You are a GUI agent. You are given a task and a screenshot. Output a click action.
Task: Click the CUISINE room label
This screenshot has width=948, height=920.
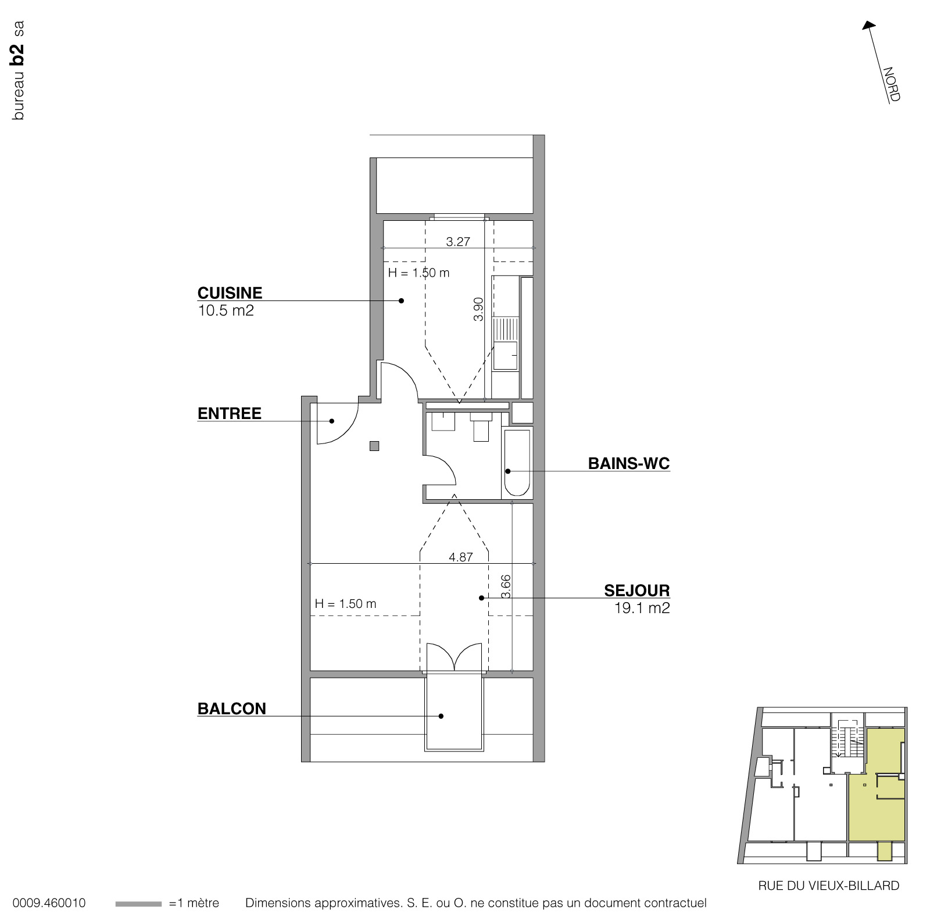pos(230,293)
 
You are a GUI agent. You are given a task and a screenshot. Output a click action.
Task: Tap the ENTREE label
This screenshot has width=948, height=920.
pos(230,414)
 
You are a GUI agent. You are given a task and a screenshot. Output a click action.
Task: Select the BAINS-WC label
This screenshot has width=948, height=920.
pos(629,464)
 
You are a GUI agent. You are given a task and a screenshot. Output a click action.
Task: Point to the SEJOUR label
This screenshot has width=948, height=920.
pos(637,590)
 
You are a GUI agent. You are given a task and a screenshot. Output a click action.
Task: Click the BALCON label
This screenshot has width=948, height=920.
pos(232,709)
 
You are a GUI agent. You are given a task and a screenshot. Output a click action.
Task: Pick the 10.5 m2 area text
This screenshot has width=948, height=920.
pos(226,310)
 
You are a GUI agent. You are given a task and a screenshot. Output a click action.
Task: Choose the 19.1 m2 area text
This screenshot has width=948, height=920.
pos(642,608)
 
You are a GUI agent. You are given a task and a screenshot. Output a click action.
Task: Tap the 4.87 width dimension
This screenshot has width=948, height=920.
pos(461,557)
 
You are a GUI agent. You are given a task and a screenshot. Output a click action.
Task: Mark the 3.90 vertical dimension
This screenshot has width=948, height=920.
pos(478,309)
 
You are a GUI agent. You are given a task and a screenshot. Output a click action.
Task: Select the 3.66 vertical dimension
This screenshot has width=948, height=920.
pos(506,587)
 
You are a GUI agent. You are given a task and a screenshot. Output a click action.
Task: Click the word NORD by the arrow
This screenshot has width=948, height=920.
pos(892,85)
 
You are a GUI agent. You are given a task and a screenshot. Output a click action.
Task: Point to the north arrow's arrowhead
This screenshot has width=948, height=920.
pos(868,26)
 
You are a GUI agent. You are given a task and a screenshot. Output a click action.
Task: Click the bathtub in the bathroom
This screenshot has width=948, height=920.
pos(517,463)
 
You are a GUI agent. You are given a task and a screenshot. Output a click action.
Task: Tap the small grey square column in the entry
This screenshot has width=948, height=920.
pos(375,446)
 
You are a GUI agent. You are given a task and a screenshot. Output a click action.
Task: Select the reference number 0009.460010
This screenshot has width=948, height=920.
pos(49,904)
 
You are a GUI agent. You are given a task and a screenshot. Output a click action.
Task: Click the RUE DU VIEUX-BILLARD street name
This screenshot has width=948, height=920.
pos(829,886)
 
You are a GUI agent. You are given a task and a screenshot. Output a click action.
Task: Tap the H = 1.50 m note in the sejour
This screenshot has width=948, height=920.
pos(345,604)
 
